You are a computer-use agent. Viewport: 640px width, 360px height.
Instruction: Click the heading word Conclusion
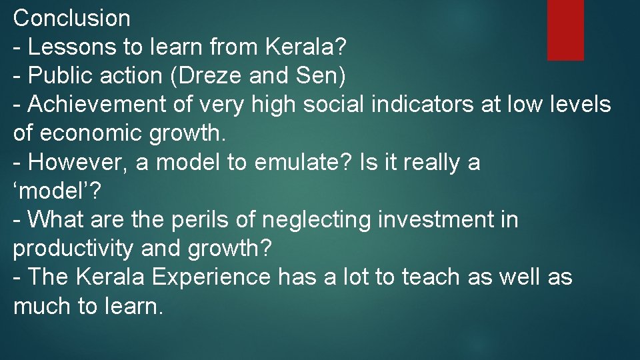pyautogui.click(x=72, y=18)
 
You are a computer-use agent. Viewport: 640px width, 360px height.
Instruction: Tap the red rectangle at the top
pyautogui.click(x=565, y=29)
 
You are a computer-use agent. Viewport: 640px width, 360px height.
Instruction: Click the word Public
pyautogui.click(x=59, y=76)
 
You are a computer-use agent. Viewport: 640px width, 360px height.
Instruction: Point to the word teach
pyautogui.click(x=429, y=277)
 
